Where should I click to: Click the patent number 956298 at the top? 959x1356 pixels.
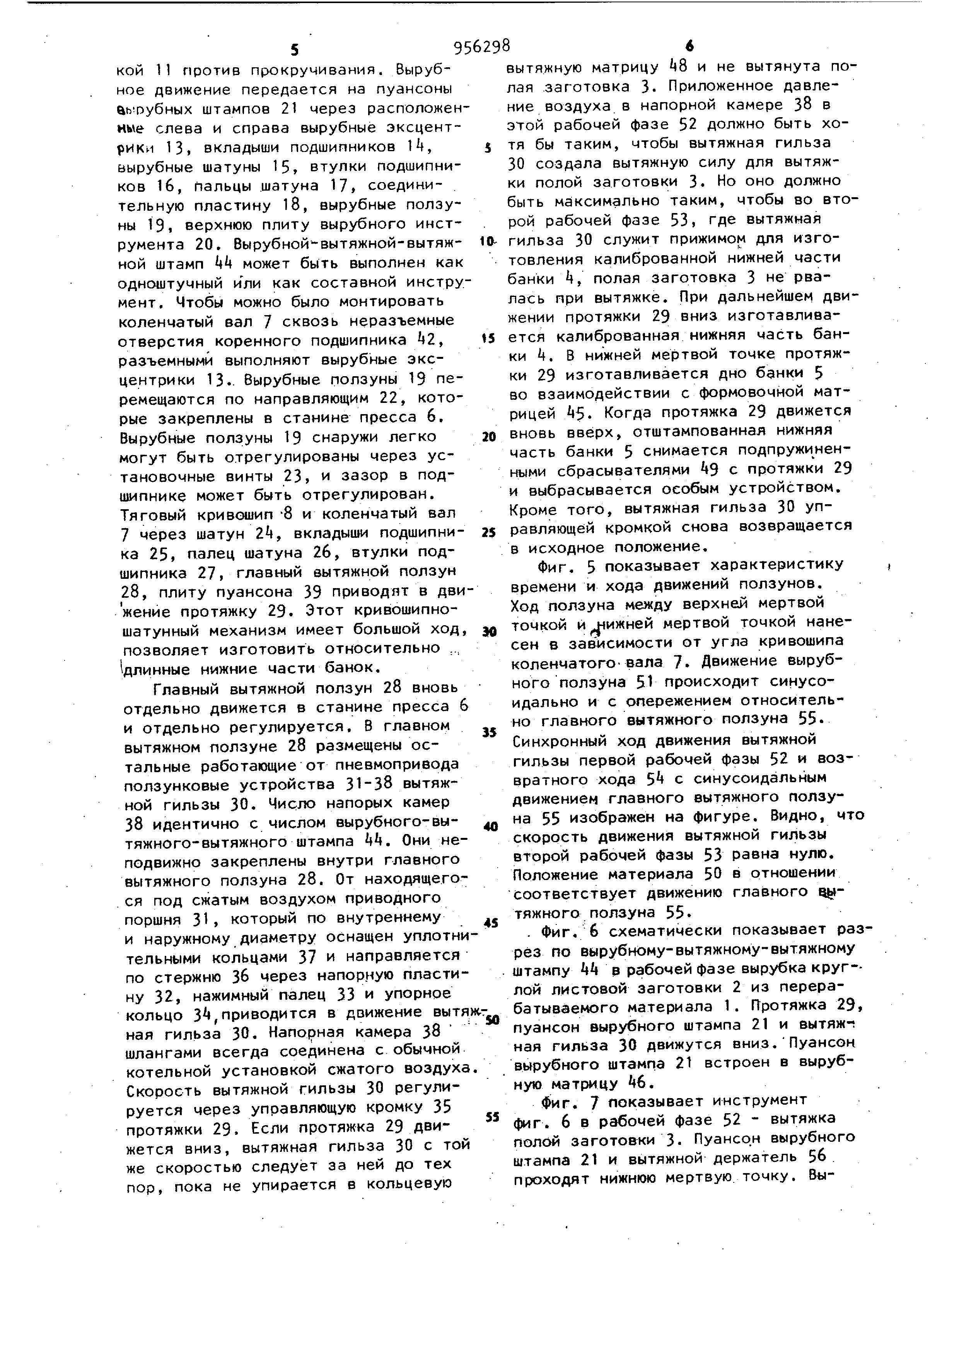481,46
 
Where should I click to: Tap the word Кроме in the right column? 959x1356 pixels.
534,508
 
